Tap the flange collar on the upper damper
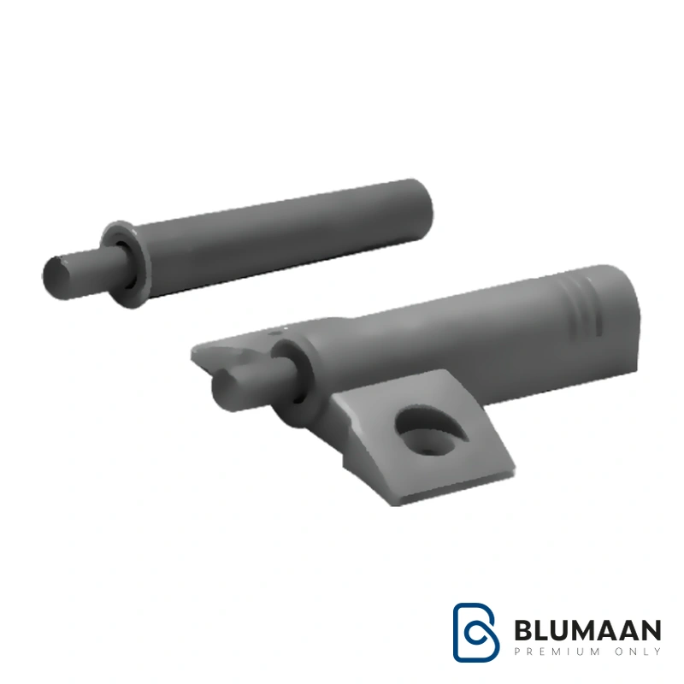(x=126, y=264)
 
